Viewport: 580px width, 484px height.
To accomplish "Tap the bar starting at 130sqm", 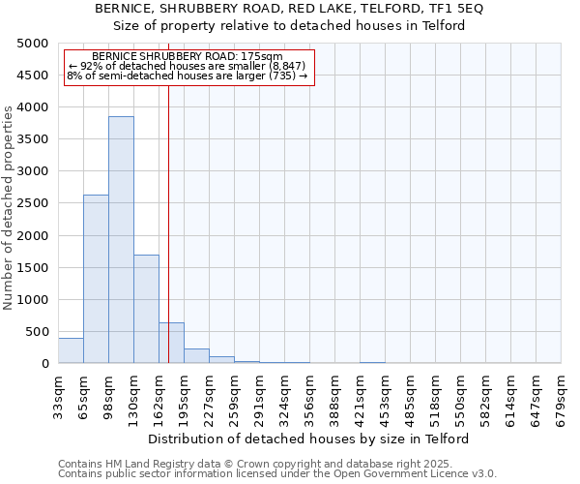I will point(146,309).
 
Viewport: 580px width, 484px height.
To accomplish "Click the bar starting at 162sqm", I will point(171,343).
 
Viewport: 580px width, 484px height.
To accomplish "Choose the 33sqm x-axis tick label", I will point(58,395).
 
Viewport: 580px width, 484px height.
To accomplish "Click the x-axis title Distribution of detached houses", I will point(309,439).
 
